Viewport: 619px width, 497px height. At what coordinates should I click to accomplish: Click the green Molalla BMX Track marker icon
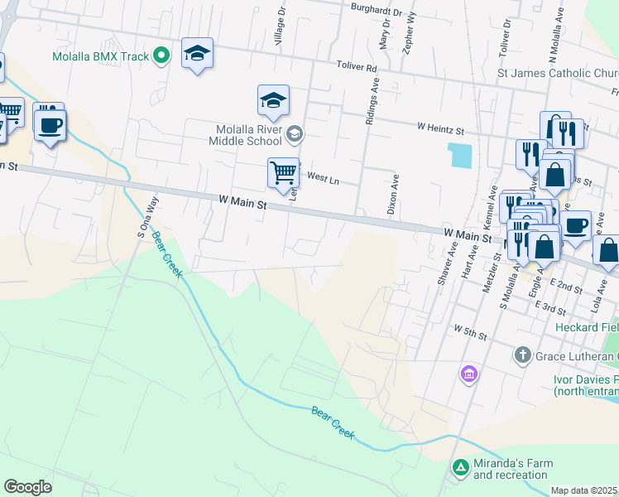pos(162,56)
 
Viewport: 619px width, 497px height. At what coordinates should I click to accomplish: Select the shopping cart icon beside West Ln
pos(283,172)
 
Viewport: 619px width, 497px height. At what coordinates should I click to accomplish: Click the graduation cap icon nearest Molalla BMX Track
pos(197,53)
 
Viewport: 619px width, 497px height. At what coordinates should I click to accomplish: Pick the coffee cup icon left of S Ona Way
pos(50,125)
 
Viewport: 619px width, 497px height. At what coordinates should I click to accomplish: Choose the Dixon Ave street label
pos(393,195)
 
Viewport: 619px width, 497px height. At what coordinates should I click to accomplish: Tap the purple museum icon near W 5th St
pos(469,374)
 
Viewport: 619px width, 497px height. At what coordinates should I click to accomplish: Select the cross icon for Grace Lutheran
pos(522,355)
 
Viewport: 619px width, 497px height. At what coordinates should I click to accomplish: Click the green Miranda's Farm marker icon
pos(460,468)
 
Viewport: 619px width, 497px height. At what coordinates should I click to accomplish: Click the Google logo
pos(28,486)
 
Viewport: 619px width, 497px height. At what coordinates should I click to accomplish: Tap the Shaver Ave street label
pos(452,263)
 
